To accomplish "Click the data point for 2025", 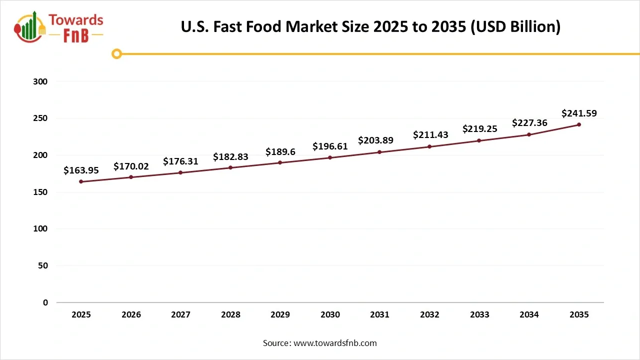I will click(81, 181).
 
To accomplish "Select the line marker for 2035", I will click(579, 124).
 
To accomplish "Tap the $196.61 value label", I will click(330, 146).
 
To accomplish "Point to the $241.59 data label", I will click(579, 113).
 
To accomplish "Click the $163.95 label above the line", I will click(81, 170).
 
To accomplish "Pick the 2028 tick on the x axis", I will click(230, 315).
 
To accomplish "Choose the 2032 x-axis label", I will click(429, 315).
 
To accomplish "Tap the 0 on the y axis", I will click(45, 302).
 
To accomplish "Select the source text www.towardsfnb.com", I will click(335, 343).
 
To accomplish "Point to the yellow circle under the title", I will click(116, 53).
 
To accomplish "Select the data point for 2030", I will click(330, 157).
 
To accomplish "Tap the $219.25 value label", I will click(479, 129).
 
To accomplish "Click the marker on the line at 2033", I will click(479, 140).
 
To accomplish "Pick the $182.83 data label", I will click(230, 156).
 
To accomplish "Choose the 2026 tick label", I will click(131, 315).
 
